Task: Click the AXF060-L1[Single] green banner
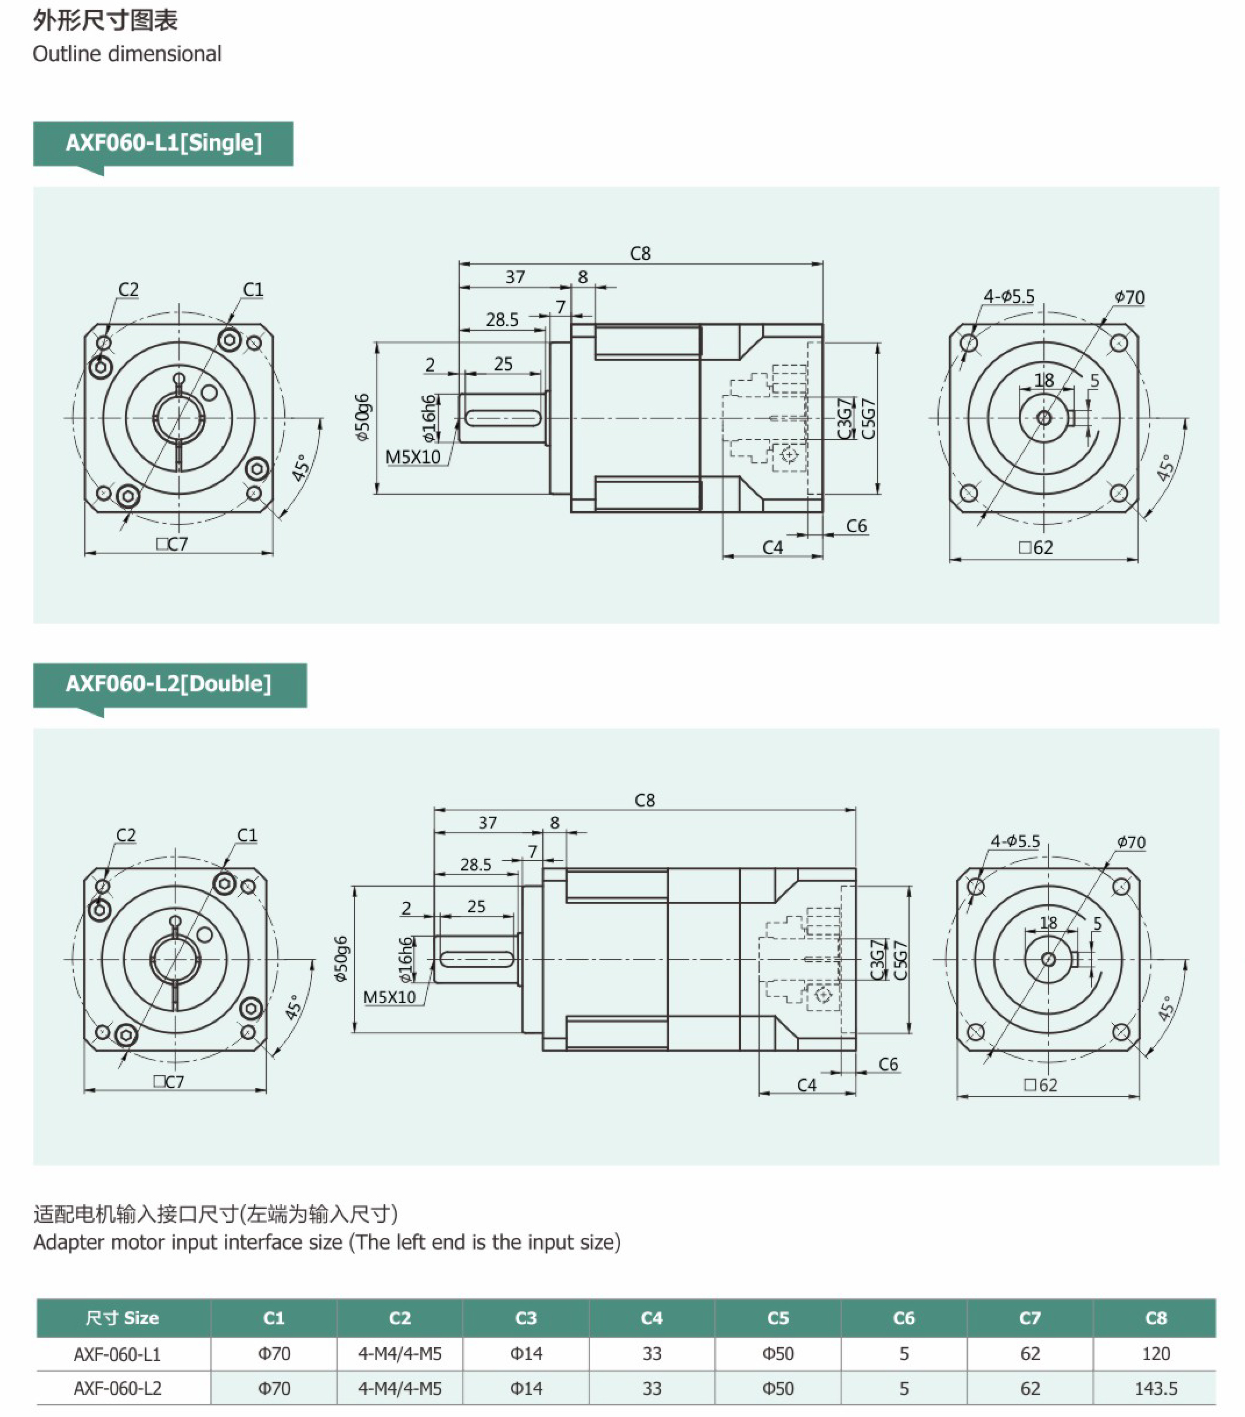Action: pos(163,143)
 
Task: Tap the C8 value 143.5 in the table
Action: pos(1155,1389)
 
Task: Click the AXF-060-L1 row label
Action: pos(117,1354)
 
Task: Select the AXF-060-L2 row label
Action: pos(117,1389)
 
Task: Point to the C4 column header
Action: pos(651,1318)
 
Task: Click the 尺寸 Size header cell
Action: pos(123,1318)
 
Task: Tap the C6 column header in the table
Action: pos(903,1318)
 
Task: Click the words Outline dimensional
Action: pos(127,54)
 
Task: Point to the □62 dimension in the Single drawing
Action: pos(1036,548)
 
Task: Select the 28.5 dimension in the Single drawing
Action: pos(502,320)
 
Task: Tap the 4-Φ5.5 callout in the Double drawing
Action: pos(1015,841)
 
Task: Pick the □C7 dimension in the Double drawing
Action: pos(169,1082)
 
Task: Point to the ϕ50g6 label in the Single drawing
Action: pos(362,417)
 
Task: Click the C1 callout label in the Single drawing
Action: pos(253,289)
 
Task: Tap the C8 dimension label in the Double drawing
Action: pos(645,801)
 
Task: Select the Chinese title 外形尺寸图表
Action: pos(105,21)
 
